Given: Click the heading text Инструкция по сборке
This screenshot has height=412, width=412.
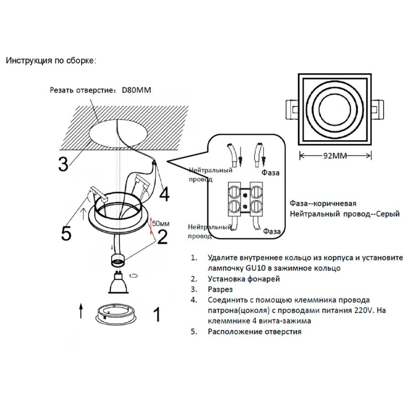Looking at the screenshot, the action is [51, 61].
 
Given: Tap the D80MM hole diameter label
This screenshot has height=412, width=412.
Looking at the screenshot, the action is [136, 90].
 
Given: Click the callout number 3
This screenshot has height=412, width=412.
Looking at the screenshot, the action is [63, 164].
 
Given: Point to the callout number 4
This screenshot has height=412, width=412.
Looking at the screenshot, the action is [164, 195].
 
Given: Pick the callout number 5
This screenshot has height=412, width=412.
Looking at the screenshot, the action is [66, 233].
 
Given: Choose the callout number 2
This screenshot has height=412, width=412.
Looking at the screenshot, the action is [163, 237].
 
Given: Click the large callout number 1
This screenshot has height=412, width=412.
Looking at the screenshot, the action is [157, 314].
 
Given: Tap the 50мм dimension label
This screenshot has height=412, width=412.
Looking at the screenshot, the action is [161, 223].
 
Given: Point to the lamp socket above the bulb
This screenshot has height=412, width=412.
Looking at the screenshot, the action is [118, 260].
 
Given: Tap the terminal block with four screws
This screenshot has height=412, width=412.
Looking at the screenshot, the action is [245, 199].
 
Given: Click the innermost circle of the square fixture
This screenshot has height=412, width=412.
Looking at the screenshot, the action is [335, 109].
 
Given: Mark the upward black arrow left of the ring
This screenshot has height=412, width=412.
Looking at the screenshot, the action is [81, 311].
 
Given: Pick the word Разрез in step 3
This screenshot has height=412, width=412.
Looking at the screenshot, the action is [220, 290].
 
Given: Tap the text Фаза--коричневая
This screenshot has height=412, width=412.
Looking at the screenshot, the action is [323, 204].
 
